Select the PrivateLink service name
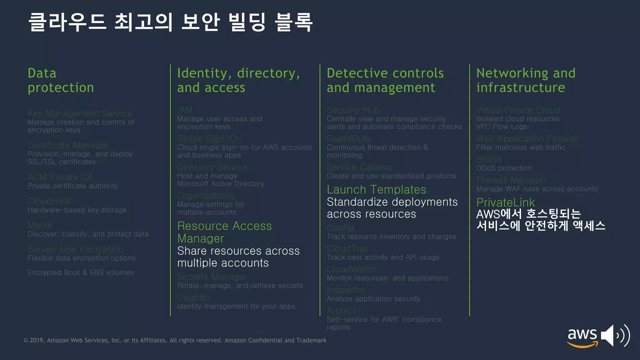click(505, 202)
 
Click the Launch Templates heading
click(376, 190)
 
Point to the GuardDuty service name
click(348, 138)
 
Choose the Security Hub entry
click(353, 110)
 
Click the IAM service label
click(185, 110)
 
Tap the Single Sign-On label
click(209, 138)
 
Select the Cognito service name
click(193, 297)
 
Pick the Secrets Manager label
click(212, 277)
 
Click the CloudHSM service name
click(49, 201)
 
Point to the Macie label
click(40, 225)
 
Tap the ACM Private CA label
click(60, 177)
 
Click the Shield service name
click(488, 159)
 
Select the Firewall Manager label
click(511, 180)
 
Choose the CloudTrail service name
click(347, 248)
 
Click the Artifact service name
click(341, 311)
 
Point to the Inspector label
click(346, 290)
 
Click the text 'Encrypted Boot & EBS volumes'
click(81, 272)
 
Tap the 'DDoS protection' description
click(504, 168)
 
